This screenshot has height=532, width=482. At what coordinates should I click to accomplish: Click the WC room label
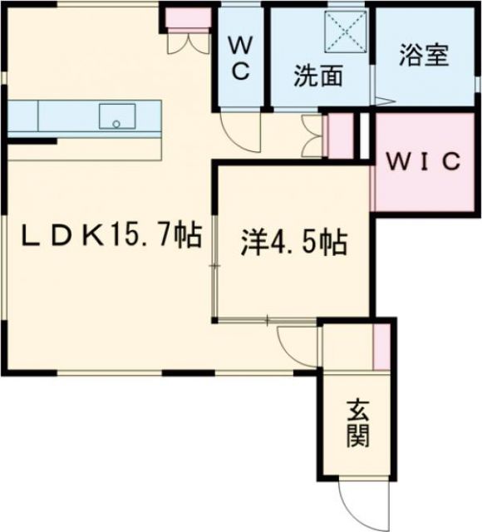click(x=240, y=57)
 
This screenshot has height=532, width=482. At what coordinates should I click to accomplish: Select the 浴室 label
click(x=424, y=56)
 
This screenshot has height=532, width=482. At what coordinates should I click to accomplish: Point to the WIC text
click(x=423, y=161)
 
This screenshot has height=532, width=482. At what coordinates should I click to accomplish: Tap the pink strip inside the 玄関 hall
click(x=381, y=346)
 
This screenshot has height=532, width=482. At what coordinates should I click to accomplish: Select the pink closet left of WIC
click(x=340, y=135)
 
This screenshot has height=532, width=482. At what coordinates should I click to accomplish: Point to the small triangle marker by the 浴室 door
click(x=381, y=101)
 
